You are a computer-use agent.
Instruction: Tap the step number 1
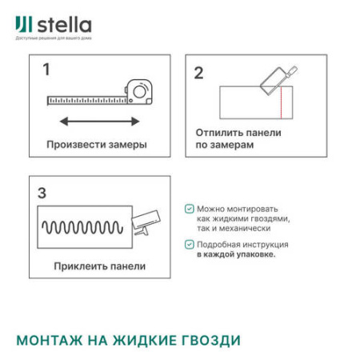(x=46, y=70)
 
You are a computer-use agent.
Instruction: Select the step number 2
(x=198, y=73)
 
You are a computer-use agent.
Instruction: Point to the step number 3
(x=42, y=193)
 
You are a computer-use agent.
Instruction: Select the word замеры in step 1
(x=126, y=145)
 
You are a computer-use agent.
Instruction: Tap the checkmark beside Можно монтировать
(x=189, y=208)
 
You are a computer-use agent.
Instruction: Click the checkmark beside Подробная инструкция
(x=189, y=245)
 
